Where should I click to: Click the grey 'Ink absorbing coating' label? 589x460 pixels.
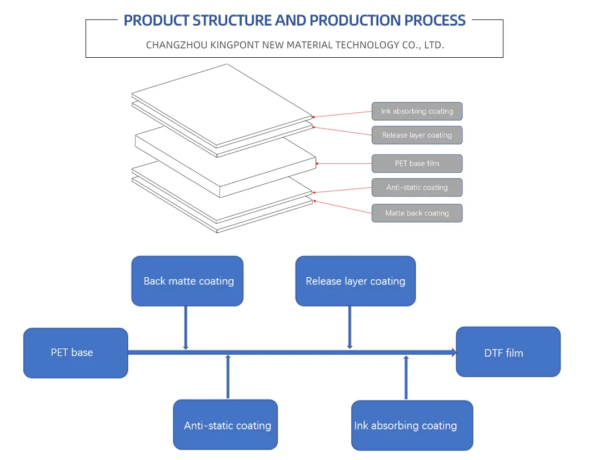click(x=417, y=111)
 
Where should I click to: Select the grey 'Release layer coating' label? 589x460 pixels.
click(x=417, y=135)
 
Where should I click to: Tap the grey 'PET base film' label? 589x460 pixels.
click(x=417, y=164)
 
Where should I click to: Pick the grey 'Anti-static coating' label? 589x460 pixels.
click(x=417, y=188)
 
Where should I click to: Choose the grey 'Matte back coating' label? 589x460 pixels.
click(x=417, y=213)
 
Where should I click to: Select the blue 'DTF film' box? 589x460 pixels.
click(x=508, y=352)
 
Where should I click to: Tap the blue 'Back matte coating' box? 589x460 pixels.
click(x=187, y=281)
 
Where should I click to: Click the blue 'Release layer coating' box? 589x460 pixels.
click(x=355, y=281)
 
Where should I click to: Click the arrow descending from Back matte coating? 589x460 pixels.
click(x=186, y=327)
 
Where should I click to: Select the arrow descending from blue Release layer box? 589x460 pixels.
click(x=350, y=327)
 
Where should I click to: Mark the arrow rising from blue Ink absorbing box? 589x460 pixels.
click(x=406, y=378)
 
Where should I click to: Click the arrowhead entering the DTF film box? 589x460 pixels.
click(x=453, y=352)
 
